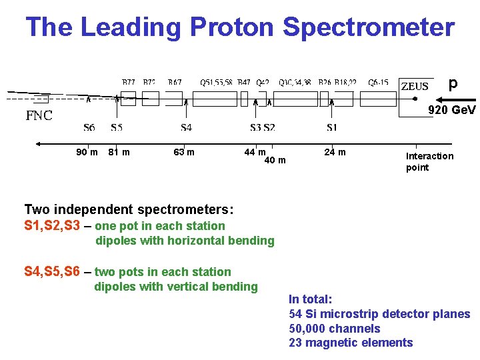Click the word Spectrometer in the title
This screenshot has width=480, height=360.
click(x=368, y=27)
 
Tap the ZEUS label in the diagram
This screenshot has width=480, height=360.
click(x=414, y=86)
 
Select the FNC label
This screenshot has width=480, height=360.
click(x=39, y=115)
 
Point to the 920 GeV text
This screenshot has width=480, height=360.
click(x=452, y=109)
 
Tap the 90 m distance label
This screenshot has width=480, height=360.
click(x=87, y=153)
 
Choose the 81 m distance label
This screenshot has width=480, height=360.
click(x=119, y=153)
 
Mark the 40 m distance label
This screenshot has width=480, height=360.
click(x=275, y=160)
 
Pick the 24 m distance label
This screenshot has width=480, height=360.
click(x=335, y=153)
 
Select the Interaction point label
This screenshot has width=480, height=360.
click(x=429, y=161)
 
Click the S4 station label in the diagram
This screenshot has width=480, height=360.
click(x=186, y=127)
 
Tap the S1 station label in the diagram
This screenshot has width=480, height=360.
click(x=331, y=127)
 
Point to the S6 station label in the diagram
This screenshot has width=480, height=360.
click(x=89, y=127)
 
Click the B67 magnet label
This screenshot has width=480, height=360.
click(x=175, y=83)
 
